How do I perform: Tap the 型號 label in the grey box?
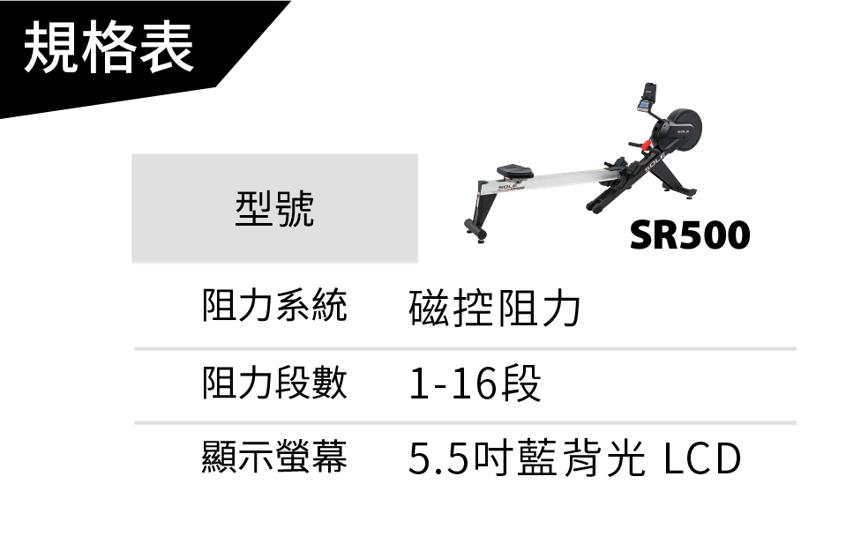coord(274,208)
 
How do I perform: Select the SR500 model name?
coord(689,234)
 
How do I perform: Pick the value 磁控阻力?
coord(495,309)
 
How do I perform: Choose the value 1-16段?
coord(474,384)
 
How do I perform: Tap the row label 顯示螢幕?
coord(274,457)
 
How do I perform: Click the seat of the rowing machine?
coord(512,169)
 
